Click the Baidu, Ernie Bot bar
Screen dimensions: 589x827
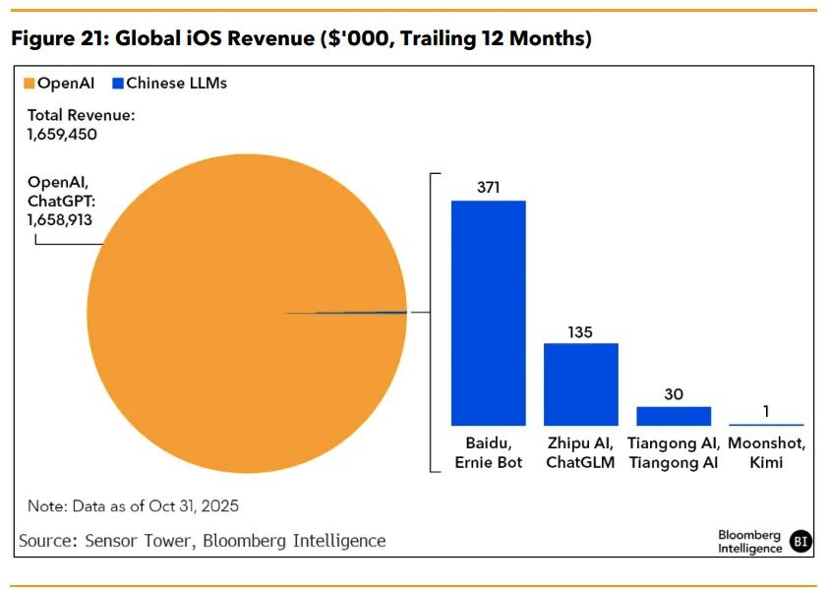pos(488,313)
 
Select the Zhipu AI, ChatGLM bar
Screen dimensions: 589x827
pos(581,383)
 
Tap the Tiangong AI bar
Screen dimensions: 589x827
pos(674,415)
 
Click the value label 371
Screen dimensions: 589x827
pos(489,186)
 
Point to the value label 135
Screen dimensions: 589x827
pos(580,332)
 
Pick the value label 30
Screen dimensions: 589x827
pos(674,393)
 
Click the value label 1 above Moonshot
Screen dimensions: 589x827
pos(767,412)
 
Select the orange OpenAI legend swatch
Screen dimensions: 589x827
pos(30,84)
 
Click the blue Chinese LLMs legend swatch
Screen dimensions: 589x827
pos(118,84)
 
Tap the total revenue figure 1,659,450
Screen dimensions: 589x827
pos(62,134)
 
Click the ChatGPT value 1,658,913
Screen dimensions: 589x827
pos(60,220)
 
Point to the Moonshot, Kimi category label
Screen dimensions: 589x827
pos(767,453)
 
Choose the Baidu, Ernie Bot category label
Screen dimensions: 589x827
pos(489,453)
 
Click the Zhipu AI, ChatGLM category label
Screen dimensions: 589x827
pos(581,453)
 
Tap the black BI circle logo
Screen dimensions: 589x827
pos(801,541)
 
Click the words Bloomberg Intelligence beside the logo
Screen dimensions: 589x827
pos(749,542)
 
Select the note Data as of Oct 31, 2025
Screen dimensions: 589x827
pos(134,506)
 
